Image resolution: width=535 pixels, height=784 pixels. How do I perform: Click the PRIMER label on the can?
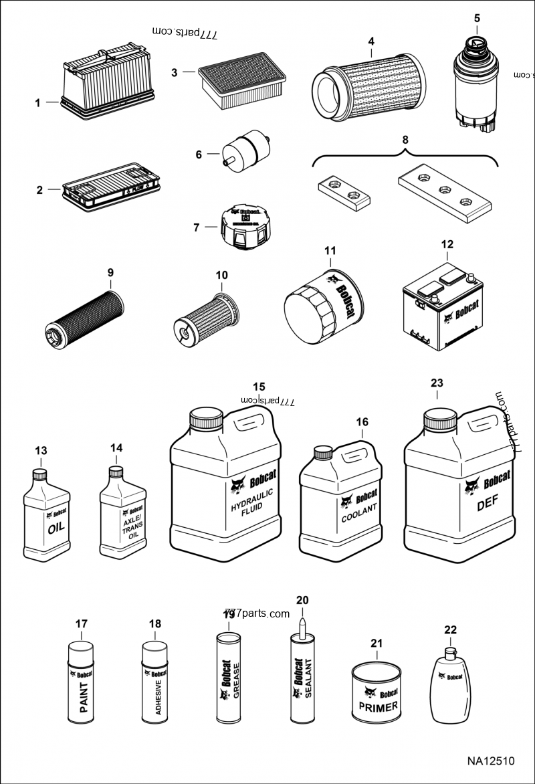tap(378, 706)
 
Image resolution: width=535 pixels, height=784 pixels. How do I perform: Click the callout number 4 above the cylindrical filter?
tap(371, 41)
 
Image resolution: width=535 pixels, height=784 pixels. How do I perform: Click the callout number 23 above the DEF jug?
tap(437, 383)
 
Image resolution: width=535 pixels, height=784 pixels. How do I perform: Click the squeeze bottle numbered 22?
tap(447, 686)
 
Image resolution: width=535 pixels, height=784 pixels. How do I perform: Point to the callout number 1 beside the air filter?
tap(38, 102)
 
